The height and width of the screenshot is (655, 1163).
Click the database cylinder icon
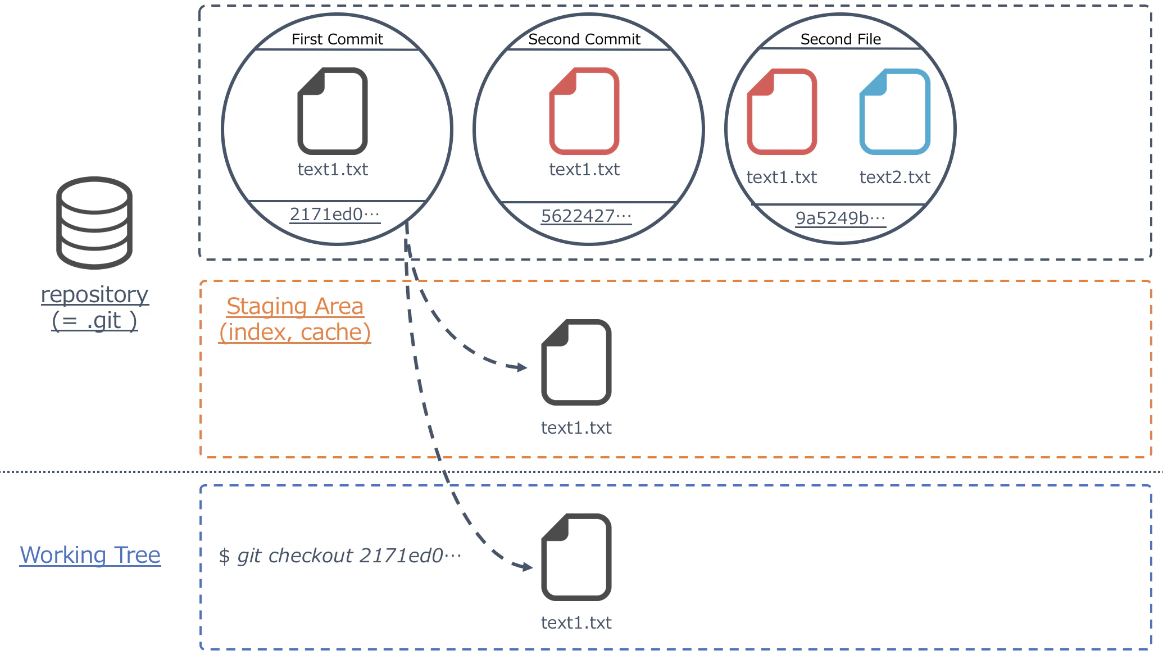coord(94,222)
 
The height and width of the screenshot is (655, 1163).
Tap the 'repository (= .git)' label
coord(94,307)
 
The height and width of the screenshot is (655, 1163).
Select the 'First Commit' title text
coord(337,39)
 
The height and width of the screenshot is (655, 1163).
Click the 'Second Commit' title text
coord(584,39)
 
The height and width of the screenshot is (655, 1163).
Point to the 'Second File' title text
coord(841,39)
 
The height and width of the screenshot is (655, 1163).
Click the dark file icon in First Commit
coord(333,111)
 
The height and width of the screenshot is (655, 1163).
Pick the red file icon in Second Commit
coord(584,111)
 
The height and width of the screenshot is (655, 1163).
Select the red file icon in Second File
coord(782,112)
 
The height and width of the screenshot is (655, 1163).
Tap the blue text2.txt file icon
coord(895,112)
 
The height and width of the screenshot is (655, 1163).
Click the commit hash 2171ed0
coord(335,215)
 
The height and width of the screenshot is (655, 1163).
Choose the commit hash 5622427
coord(586,216)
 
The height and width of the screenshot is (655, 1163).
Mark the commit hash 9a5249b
coord(841,218)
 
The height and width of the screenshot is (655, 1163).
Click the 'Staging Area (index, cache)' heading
coord(295,319)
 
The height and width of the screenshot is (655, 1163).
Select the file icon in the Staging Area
coord(576,362)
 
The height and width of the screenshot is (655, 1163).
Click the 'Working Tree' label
coord(90,555)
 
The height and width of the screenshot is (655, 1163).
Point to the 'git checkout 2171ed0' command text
coord(340,556)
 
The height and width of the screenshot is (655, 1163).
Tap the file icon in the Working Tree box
coord(576,557)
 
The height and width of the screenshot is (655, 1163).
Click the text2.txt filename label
coord(895,178)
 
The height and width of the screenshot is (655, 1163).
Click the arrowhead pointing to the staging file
coord(521,367)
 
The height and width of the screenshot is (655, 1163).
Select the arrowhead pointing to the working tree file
coord(526,566)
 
